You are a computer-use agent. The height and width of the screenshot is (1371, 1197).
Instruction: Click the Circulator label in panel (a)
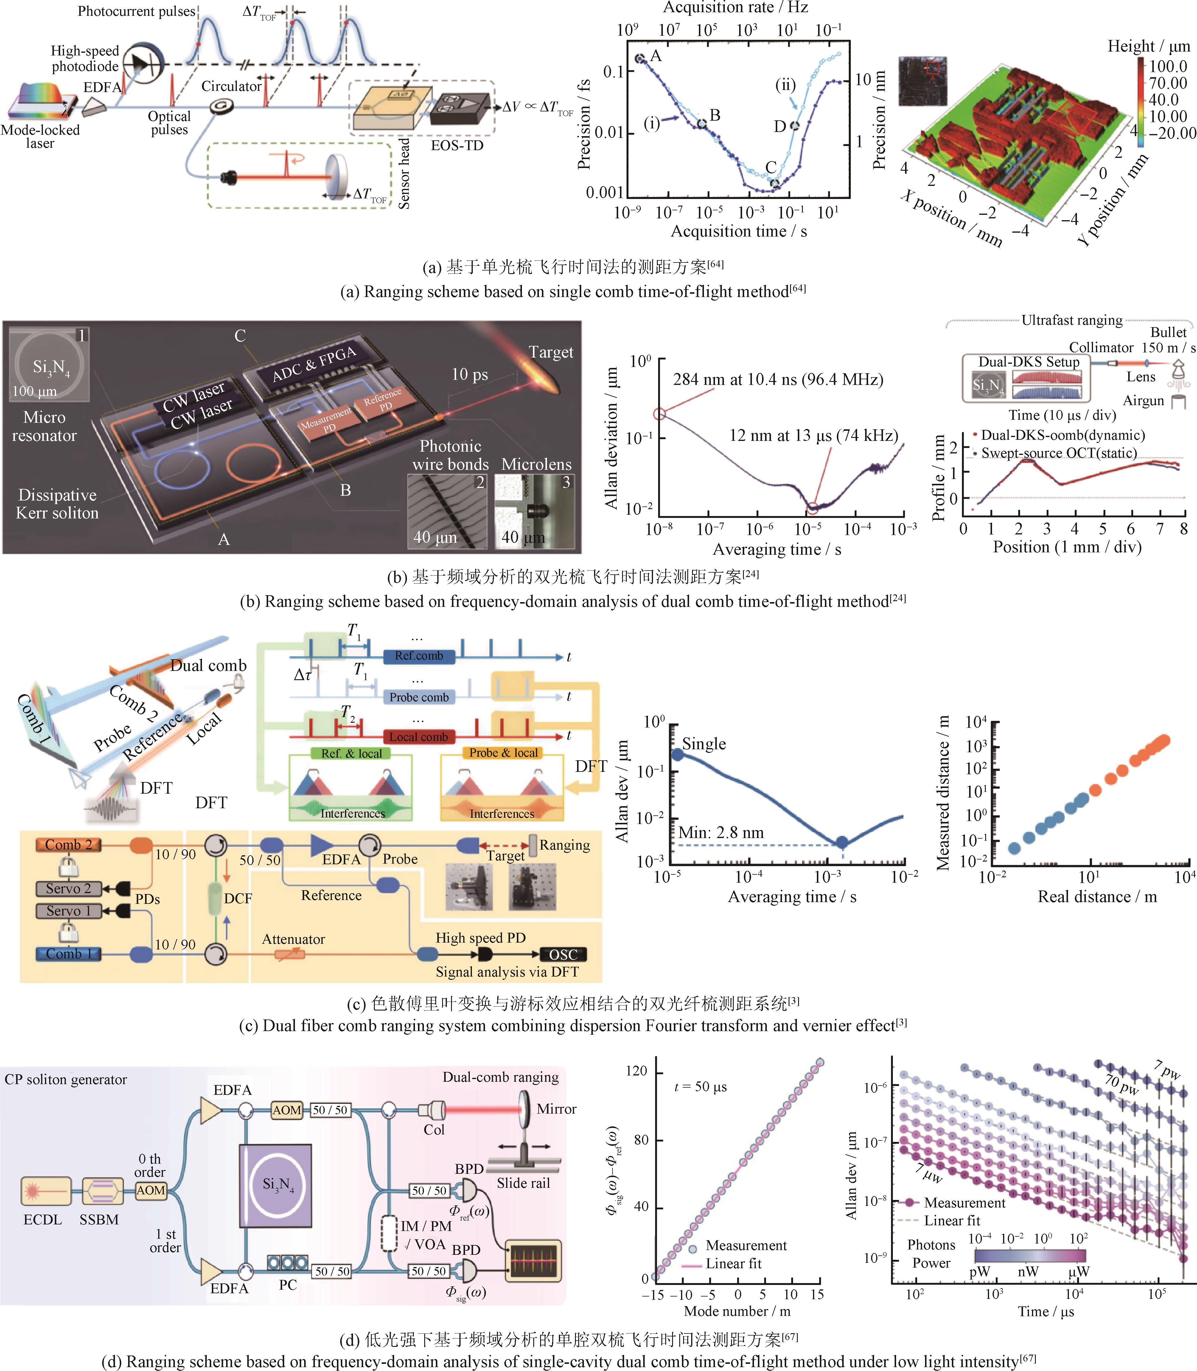coord(231,86)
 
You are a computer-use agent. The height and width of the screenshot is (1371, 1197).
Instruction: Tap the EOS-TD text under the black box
coord(457,146)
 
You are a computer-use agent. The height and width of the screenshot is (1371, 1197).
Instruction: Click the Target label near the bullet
coord(551,352)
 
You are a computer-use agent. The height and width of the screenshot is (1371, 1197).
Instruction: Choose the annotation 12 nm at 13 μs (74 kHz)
coord(814,436)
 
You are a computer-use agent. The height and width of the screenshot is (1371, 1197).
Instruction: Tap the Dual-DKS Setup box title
coord(1029,362)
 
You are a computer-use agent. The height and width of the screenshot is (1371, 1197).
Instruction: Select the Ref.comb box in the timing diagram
coord(419,656)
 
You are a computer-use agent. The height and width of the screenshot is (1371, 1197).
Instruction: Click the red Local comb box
coord(419,736)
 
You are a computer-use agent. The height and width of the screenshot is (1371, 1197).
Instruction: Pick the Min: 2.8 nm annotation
coord(721,832)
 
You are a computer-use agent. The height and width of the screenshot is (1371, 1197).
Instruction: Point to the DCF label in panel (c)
coord(238,898)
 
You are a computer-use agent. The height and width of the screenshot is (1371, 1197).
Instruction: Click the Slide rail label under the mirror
coord(523,1183)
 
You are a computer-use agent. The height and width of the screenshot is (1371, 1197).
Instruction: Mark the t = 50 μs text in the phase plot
coord(701,1086)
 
